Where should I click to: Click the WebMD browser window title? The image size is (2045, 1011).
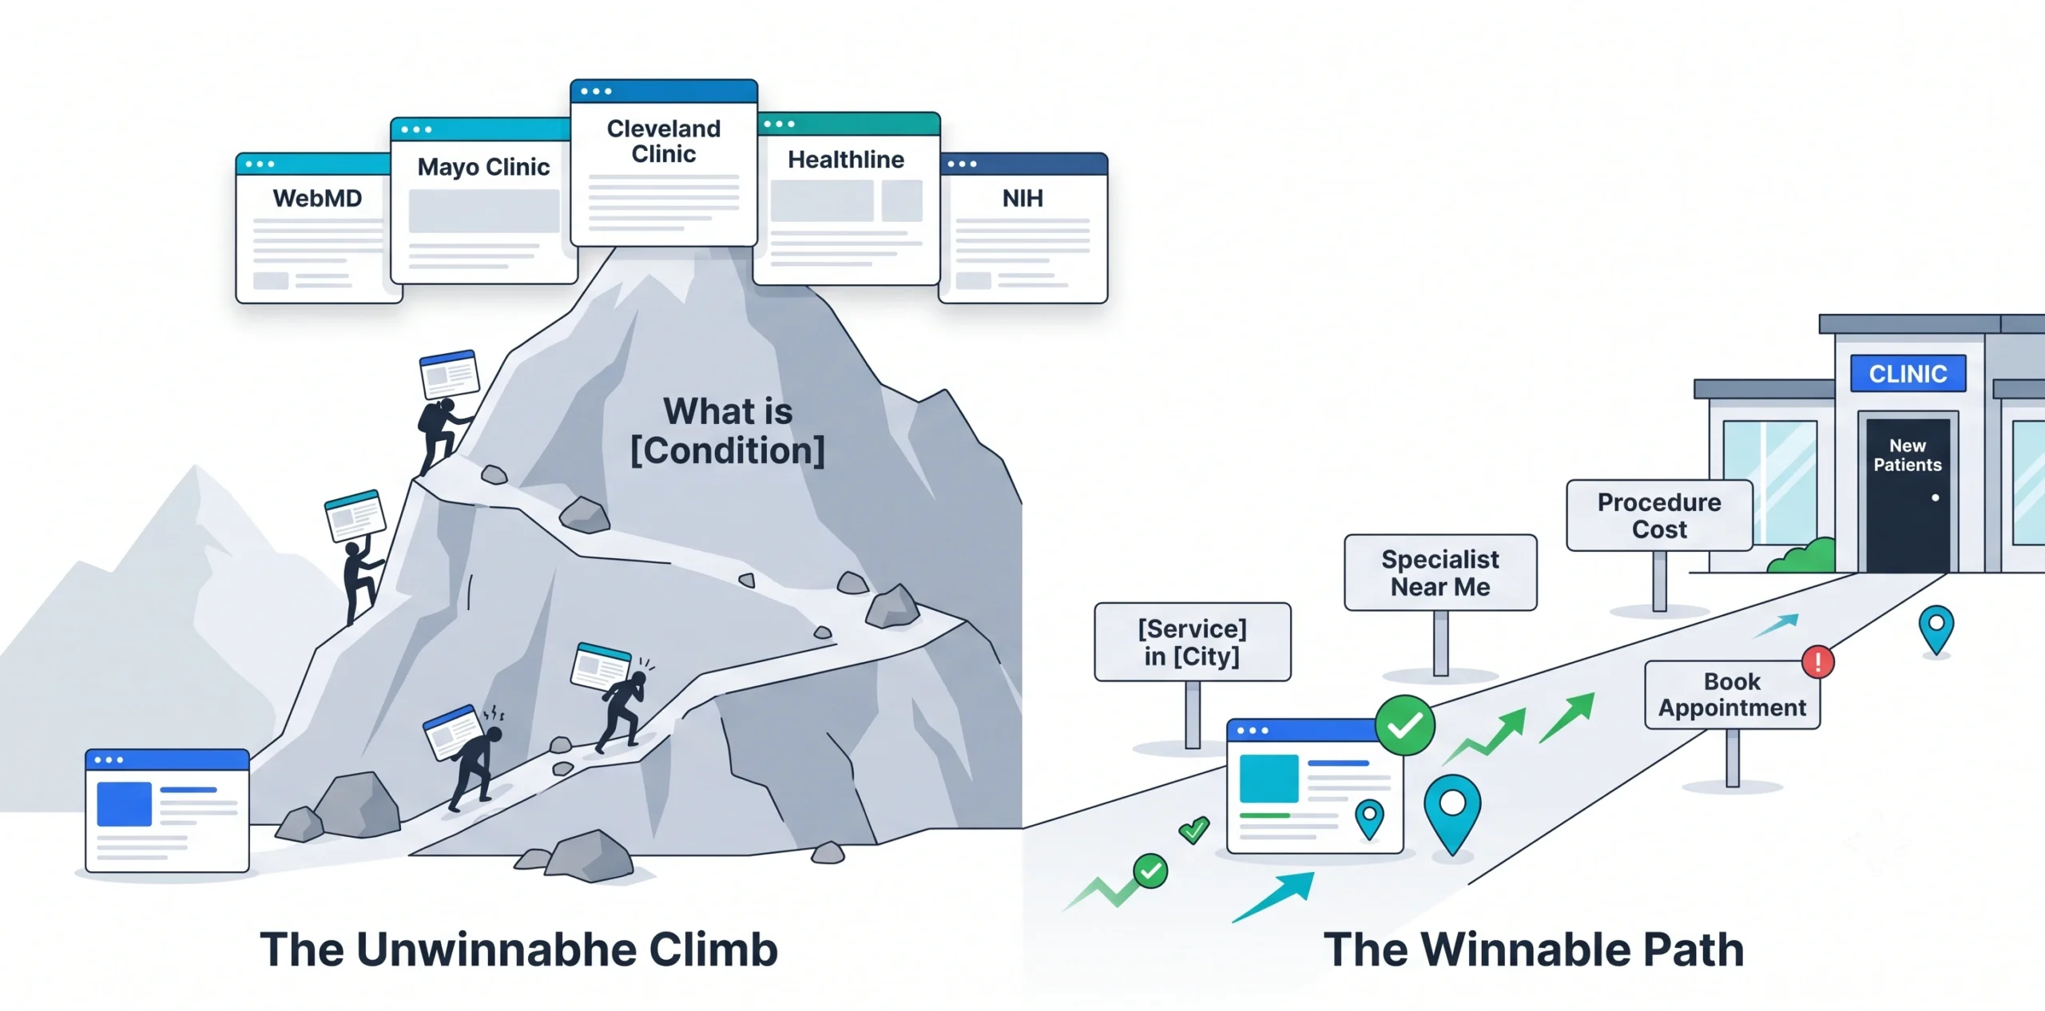[317, 198]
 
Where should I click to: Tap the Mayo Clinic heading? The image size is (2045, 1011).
[483, 167]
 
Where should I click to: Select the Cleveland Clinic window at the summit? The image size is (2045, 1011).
[664, 163]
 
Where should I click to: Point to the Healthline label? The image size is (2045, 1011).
[846, 160]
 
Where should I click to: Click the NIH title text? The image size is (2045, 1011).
[1022, 198]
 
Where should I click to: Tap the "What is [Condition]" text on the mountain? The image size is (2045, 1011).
[728, 431]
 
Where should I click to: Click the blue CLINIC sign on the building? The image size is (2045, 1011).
[1908, 373]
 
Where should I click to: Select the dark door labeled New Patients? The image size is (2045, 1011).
[1908, 494]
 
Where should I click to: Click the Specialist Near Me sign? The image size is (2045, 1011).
[1440, 573]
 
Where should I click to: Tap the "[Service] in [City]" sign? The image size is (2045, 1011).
[1192, 642]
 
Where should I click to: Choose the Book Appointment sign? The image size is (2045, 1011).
[1732, 695]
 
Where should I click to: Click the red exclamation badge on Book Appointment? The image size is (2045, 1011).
[1818, 662]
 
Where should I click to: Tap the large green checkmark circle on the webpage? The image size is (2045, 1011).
[1404, 725]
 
